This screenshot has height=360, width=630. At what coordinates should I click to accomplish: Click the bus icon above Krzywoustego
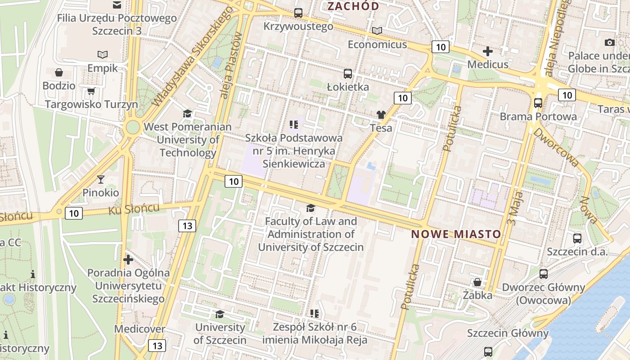coord(298,13)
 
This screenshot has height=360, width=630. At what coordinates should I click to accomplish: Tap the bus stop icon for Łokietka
coord(347,74)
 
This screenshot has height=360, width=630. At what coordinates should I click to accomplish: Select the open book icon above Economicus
coord(377,31)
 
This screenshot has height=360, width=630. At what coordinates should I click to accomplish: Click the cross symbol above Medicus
coord(487,51)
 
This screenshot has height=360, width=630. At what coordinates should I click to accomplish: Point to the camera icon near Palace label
coord(610,42)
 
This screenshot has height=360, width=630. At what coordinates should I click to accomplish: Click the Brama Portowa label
coord(538,117)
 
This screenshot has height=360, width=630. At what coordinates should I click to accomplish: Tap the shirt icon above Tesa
coord(381,115)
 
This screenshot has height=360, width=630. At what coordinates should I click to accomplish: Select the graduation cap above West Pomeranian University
coord(187,113)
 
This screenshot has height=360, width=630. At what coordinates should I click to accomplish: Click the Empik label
coord(103,68)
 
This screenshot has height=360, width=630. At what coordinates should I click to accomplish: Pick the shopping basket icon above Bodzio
coord(59,72)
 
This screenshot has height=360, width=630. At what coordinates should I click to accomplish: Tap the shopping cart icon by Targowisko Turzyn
coord(91,91)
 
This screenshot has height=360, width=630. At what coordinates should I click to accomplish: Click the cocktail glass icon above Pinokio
coord(100,180)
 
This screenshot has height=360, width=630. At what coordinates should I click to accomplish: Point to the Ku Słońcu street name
coord(134,209)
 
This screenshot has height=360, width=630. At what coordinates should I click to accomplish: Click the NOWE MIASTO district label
coord(456,234)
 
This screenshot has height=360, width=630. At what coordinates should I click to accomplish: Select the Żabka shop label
coord(477,295)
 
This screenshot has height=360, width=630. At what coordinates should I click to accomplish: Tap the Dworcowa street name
coord(556,147)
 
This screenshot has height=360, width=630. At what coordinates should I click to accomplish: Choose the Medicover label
coord(139,329)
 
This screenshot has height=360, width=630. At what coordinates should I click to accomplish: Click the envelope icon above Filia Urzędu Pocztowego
coord(117,5)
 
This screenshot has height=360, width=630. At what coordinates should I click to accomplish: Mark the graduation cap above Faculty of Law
coord(310,208)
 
